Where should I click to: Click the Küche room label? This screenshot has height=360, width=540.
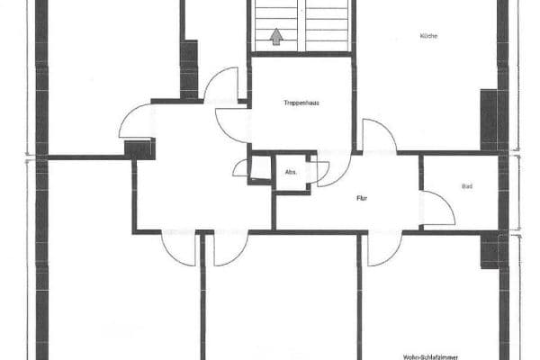pos(427,36)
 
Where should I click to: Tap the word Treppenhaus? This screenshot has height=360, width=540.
pos(301,103)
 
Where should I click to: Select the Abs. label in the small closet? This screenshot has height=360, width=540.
pos(291,171)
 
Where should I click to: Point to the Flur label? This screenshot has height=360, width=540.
pos(362,197)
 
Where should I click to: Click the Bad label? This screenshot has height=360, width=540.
pos(466,187)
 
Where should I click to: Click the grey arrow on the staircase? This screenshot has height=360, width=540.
pos(276,38)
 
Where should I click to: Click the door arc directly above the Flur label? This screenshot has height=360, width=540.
pos(330,170)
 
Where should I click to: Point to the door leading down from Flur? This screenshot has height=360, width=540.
pos(382,247)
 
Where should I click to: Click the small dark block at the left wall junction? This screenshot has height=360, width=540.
pos(139,148)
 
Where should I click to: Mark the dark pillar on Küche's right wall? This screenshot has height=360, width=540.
pos(489,118)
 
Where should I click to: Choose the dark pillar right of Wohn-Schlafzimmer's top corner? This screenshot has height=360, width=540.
pos(490,249)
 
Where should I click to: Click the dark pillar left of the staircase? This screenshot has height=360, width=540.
pos(189,67)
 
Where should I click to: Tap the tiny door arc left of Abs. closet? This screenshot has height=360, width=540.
pos(241,167)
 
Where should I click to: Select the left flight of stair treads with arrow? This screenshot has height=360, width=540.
pos(275,25)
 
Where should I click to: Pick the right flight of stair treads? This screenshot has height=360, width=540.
pos(327,25)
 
